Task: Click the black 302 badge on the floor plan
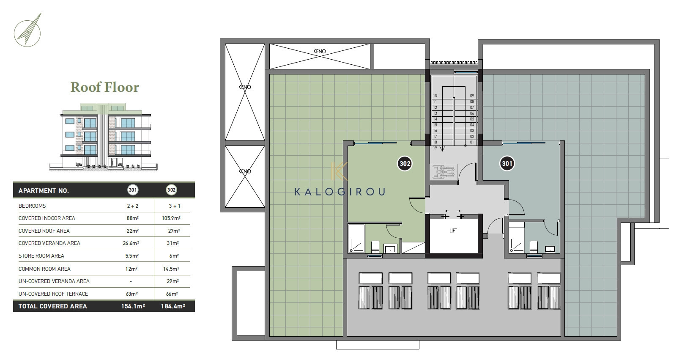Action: (x=405, y=164)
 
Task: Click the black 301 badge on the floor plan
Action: (x=507, y=164)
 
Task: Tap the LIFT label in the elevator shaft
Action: (x=453, y=231)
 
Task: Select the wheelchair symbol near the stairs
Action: (x=444, y=172)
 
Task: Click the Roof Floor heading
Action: (x=105, y=87)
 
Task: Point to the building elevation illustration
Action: (x=104, y=137)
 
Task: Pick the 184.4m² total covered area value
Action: (x=173, y=306)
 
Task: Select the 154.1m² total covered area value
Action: (x=133, y=306)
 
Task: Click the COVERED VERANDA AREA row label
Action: (x=49, y=243)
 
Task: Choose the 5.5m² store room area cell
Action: (x=132, y=256)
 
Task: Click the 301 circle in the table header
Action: (x=133, y=190)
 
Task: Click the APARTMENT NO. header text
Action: (x=44, y=191)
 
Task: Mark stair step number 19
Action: (x=435, y=148)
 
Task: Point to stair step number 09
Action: (x=472, y=96)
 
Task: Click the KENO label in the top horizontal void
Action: (x=320, y=52)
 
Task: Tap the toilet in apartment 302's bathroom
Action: (x=375, y=247)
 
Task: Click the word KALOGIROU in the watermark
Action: (x=340, y=192)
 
